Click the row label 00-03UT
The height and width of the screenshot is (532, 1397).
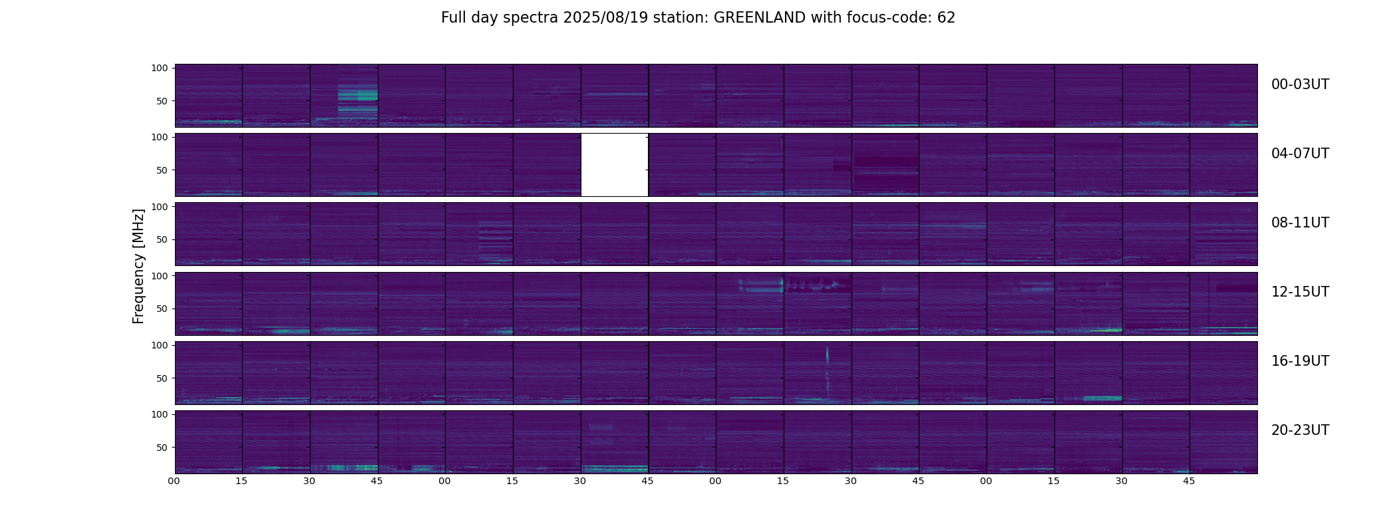click(x=1300, y=84)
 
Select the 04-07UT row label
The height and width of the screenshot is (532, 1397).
click(x=1300, y=154)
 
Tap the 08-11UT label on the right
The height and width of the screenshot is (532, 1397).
click(x=1300, y=223)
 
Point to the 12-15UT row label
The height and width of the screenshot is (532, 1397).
click(x=1300, y=292)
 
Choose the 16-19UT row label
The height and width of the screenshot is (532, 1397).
click(x=1300, y=361)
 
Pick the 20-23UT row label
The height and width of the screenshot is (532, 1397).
click(x=1300, y=430)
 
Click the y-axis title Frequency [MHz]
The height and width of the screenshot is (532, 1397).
click(x=138, y=266)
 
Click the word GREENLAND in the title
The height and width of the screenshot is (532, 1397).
click(x=760, y=18)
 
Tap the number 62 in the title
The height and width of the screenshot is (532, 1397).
click(x=946, y=18)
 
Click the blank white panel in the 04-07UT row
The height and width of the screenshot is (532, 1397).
click(x=615, y=165)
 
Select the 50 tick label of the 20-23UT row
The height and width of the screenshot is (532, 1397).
click(x=161, y=448)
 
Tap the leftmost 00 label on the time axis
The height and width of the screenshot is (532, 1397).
click(x=174, y=481)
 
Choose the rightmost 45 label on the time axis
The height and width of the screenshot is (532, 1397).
click(x=1189, y=481)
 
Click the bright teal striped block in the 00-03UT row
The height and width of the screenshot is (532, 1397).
click(x=358, y=98)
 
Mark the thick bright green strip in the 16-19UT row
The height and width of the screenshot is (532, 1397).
click(x=1102, y=398)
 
